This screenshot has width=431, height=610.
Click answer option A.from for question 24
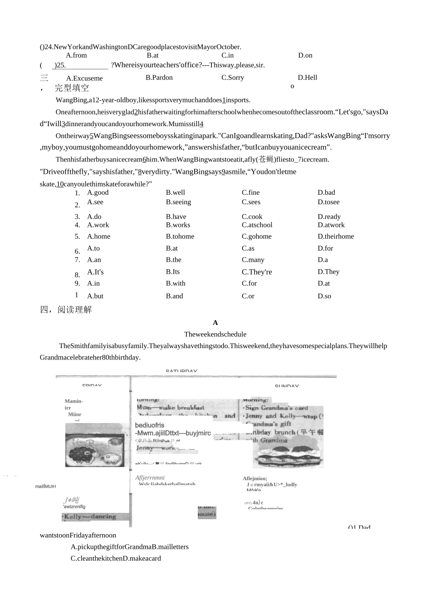coord(76,55)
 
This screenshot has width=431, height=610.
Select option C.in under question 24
coord(227,55)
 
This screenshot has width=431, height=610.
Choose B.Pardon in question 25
coord(159,78)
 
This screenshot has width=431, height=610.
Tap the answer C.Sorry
coord(232,78)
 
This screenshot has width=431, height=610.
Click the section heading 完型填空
coord(72,88)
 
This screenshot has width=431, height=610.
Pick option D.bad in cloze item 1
coord(326,192)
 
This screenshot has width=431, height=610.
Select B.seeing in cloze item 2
coord(178,202)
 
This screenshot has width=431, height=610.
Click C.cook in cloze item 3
coord(252,216)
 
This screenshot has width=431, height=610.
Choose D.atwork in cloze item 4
coord(331,225)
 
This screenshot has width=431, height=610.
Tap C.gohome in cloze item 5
coord(256,236)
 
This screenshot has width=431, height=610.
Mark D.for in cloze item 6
coord(325,248)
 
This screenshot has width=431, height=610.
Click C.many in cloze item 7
coord(253,260)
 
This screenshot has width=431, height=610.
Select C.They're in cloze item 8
coord(257,272)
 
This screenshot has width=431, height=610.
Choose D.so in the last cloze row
coord(324,296)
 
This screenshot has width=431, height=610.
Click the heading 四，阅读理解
coord(66,310)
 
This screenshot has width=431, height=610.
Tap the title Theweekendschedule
coord(215,334)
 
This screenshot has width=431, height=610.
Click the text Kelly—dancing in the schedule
coord(90,517)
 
